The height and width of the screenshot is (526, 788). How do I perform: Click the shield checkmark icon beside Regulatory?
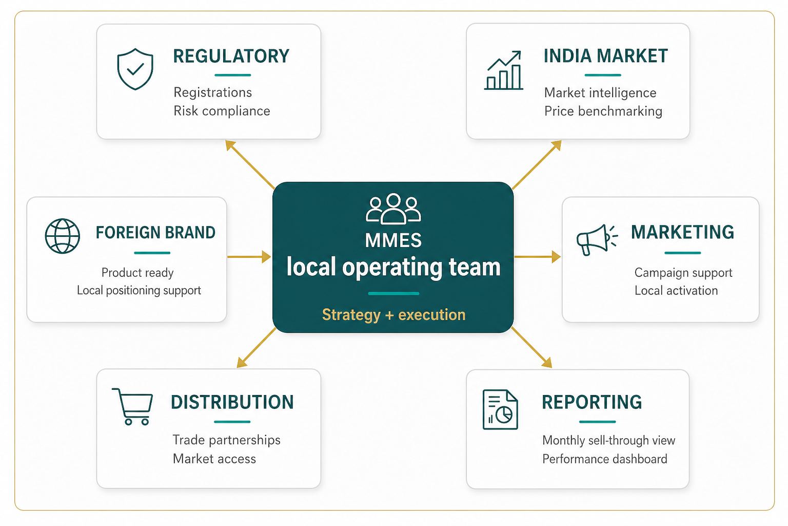pos(135,69)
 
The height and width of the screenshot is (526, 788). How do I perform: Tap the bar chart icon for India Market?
pos(504,71)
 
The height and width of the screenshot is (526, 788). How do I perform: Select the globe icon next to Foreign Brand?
pos(63,236)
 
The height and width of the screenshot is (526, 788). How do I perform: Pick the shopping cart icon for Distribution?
pos(133,406)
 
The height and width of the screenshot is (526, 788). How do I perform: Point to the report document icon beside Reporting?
pos(500,409)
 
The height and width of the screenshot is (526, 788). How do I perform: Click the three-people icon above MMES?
pos(393,209)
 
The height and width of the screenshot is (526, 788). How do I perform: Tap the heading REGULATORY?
pos(231,56)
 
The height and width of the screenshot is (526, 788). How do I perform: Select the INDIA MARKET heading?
pos(605,56)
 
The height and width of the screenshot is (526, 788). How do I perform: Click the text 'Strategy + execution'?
pos(393,314)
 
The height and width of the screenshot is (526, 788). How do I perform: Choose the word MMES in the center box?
pos(393,240)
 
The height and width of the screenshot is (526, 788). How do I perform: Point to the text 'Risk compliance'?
pos(222,111)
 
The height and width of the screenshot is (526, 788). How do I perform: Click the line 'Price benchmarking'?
pos(603,111)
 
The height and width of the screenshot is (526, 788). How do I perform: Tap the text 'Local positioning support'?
pos(139,290)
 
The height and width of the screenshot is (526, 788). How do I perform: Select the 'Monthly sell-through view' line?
pos(608,440)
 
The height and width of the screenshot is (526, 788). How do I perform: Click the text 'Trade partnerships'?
pos(226,440)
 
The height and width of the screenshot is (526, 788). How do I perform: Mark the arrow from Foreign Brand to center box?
pos(249,256)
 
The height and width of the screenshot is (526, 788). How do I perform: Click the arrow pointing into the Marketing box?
pos(537,256)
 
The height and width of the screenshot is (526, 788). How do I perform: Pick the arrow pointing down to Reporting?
pos(531,347)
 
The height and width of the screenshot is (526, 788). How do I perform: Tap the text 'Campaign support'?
pos(683,273)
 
